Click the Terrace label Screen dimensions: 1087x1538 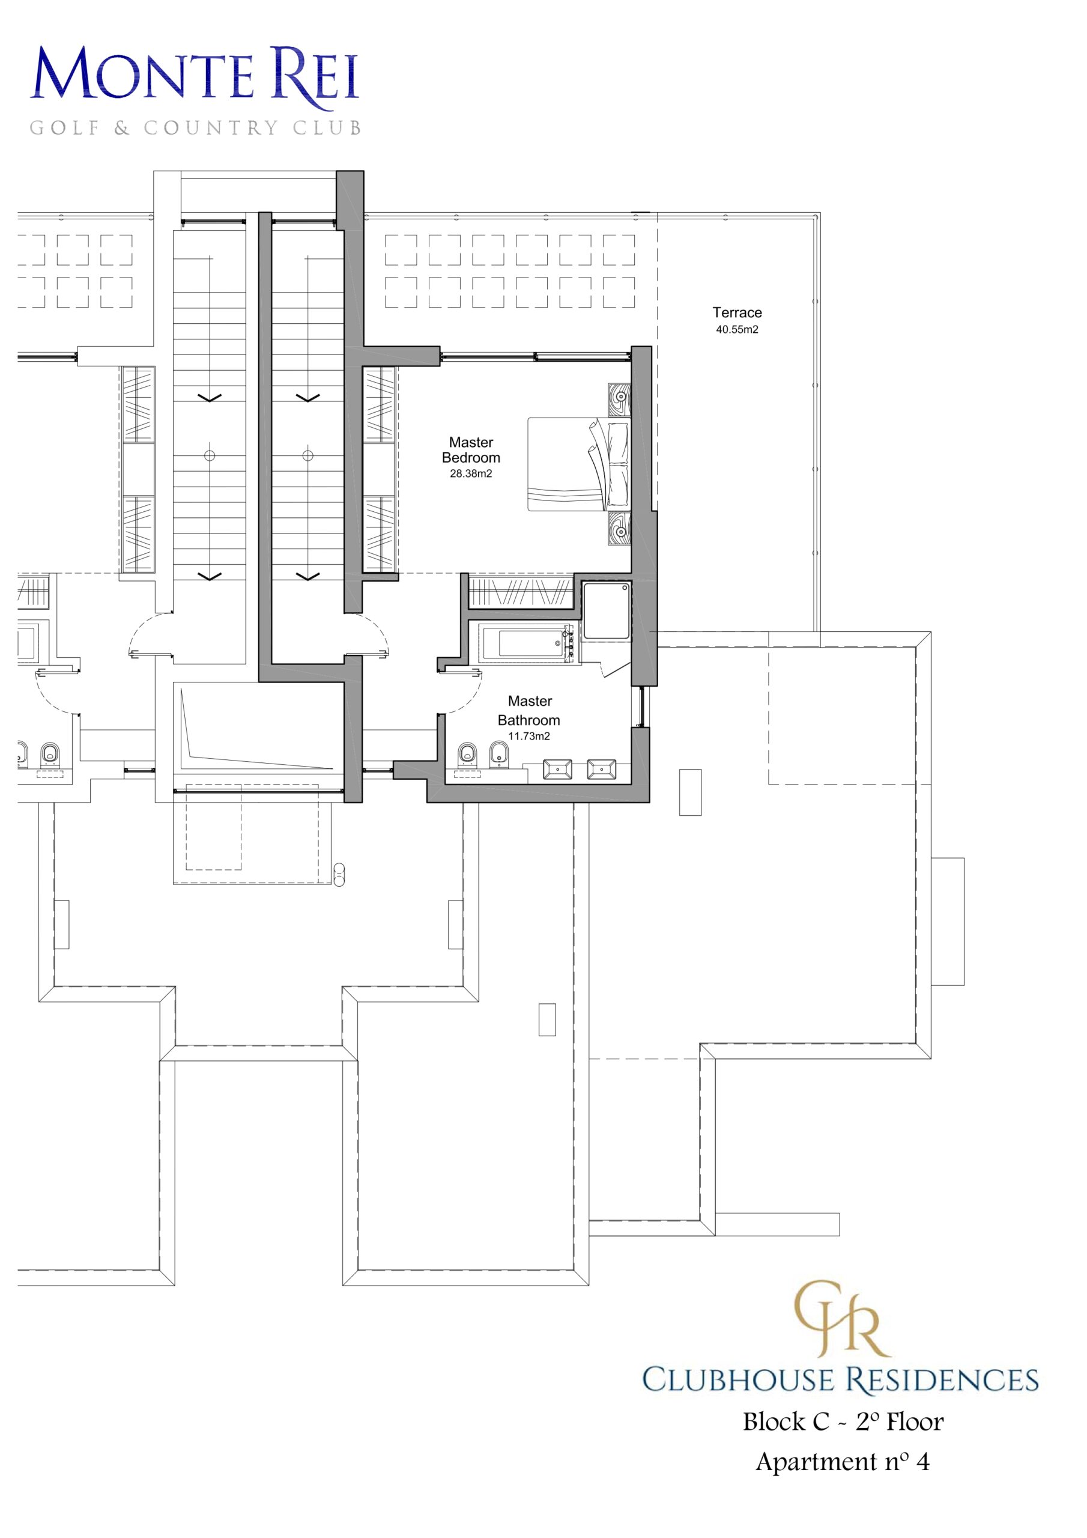pos(737,312)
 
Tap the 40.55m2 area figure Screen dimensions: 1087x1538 pos(737,330)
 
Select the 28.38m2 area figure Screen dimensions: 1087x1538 pos(471,473)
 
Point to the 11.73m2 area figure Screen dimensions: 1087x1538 pos(529,736)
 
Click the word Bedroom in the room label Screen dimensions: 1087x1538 pos(471,458)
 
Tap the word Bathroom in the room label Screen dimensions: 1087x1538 pos(529,720)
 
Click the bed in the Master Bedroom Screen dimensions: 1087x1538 pos(579,464)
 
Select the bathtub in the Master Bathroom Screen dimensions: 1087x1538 pos(527,643)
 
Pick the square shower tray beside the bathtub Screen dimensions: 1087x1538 pos(607,610)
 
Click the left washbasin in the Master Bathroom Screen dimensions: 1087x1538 pos(557,769)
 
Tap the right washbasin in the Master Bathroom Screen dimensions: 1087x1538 pos(601,769)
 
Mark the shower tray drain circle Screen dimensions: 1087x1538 pos(625,588)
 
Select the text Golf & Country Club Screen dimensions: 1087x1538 pos(196,127)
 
